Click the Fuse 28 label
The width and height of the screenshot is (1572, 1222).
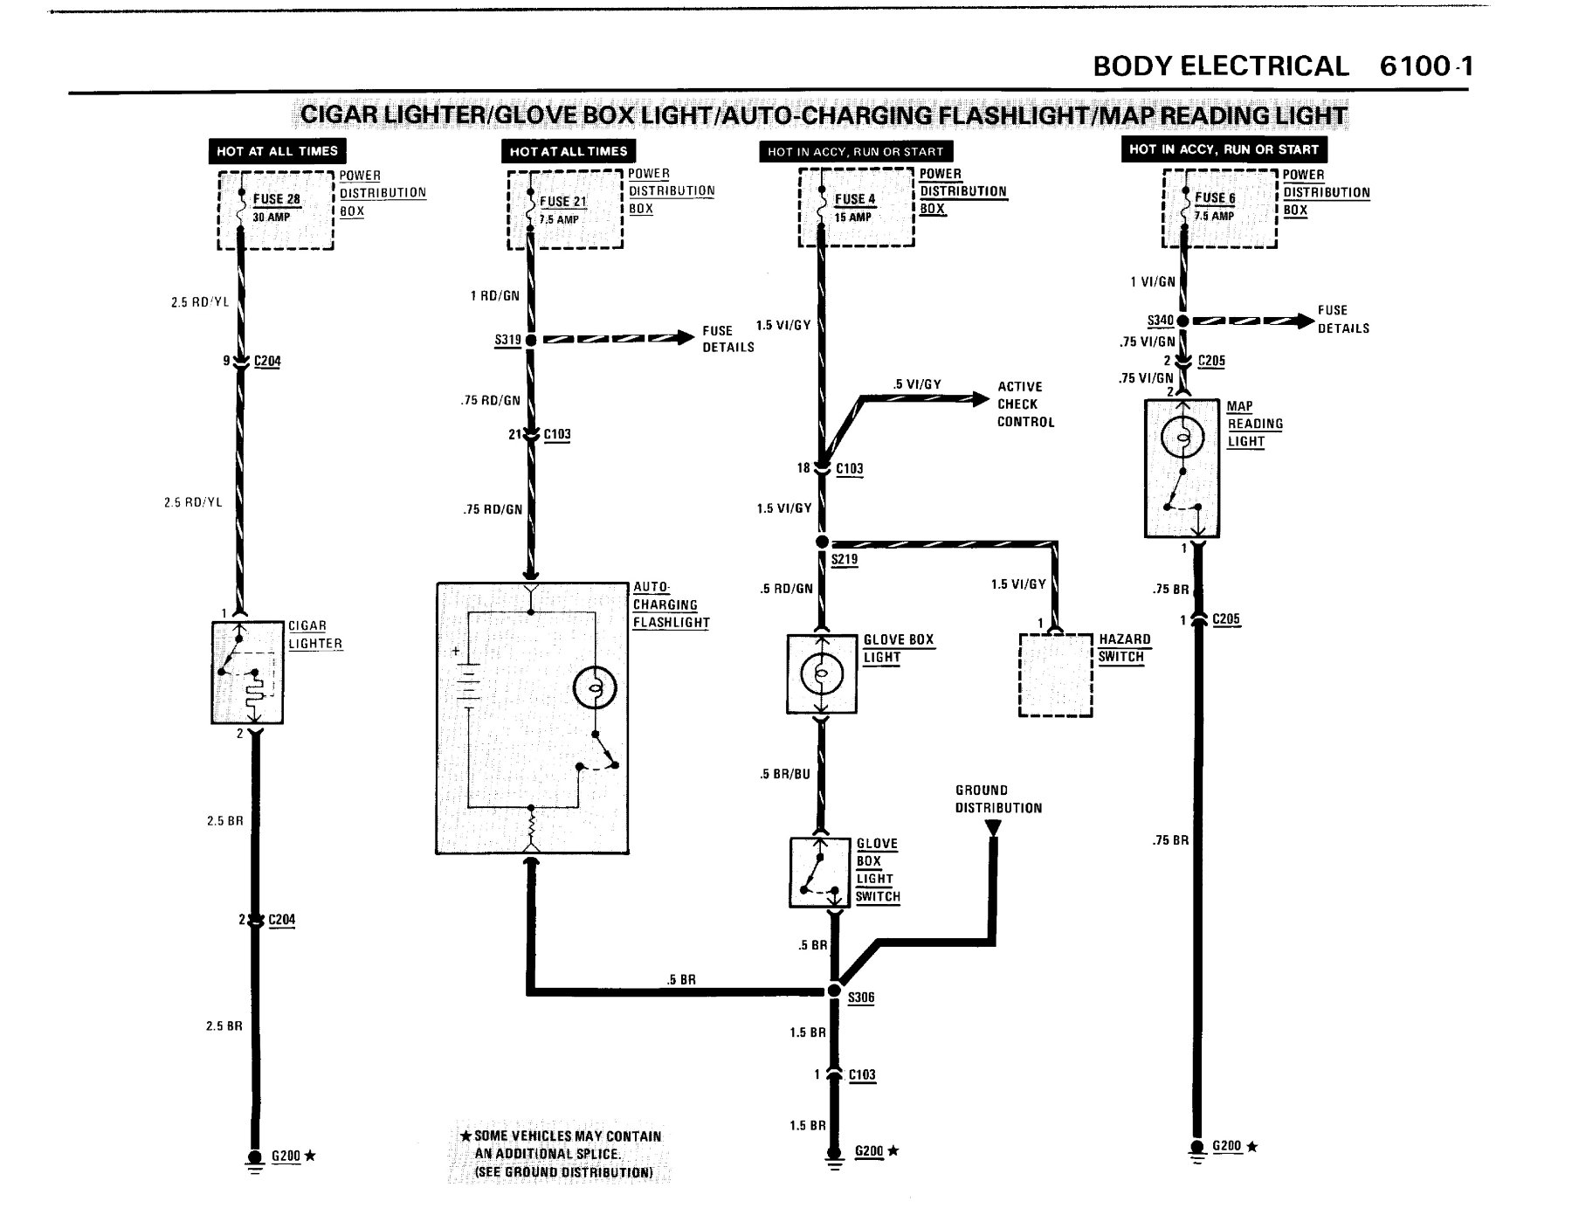(x=276, y=199)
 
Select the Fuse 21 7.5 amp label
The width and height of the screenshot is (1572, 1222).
(x=562, y=210)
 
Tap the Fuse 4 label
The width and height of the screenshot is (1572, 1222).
(x=854, y=199)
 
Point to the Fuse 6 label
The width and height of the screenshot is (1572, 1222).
(x=1215, y=198)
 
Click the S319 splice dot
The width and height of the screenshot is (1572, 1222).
(x=530, y=339)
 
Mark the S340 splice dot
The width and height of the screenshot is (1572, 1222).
(x=1182, y=321)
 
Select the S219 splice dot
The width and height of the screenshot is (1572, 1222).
(x=821, y=542)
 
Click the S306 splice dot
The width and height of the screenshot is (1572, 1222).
(x=834, y=991)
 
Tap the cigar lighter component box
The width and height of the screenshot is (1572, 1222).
(x=247, y=673)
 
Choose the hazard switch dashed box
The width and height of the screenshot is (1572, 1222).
(x=1056, y=675)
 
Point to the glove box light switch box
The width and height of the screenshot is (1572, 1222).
(x=820, y=873)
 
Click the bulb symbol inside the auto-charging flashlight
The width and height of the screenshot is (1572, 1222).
(x=595, y=688)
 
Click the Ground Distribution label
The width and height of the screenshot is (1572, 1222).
(x=998, y=799)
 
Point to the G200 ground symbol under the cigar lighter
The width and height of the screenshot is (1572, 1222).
(x=254, y=1161)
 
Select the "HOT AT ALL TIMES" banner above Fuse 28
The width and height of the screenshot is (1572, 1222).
(x=277, y=151)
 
